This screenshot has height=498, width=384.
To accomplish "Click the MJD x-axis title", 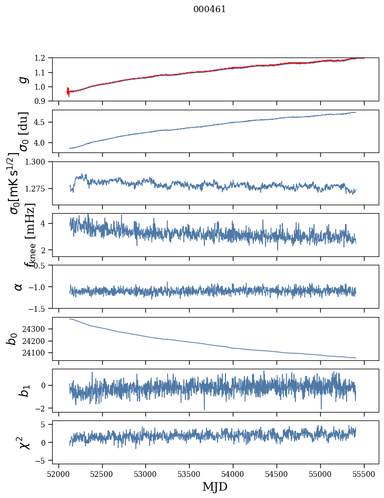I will click(x=215, y=486).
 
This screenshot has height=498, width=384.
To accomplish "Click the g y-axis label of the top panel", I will click(x=22, y=80).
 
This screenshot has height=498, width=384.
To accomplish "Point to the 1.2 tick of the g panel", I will click(x=43, y=58).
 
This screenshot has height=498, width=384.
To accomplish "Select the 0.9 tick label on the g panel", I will click(x=43, y=101).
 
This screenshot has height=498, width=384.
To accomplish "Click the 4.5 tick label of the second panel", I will click(x=43, y=122).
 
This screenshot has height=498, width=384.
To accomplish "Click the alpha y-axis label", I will click(x=18, y=286).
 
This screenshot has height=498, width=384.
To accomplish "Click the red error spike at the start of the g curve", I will click(x=68, y=91).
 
